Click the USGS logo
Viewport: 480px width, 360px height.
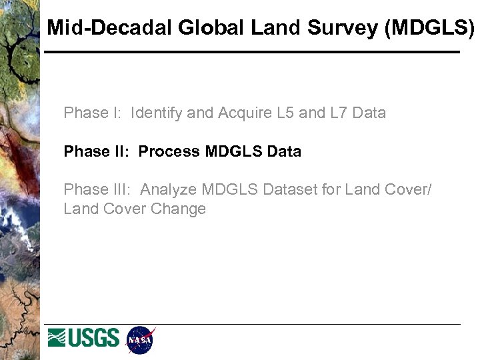[83, 338]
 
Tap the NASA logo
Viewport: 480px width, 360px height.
[140, 340]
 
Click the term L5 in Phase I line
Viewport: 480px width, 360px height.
[285, 113]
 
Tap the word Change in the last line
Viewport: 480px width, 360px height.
[178, 209]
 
